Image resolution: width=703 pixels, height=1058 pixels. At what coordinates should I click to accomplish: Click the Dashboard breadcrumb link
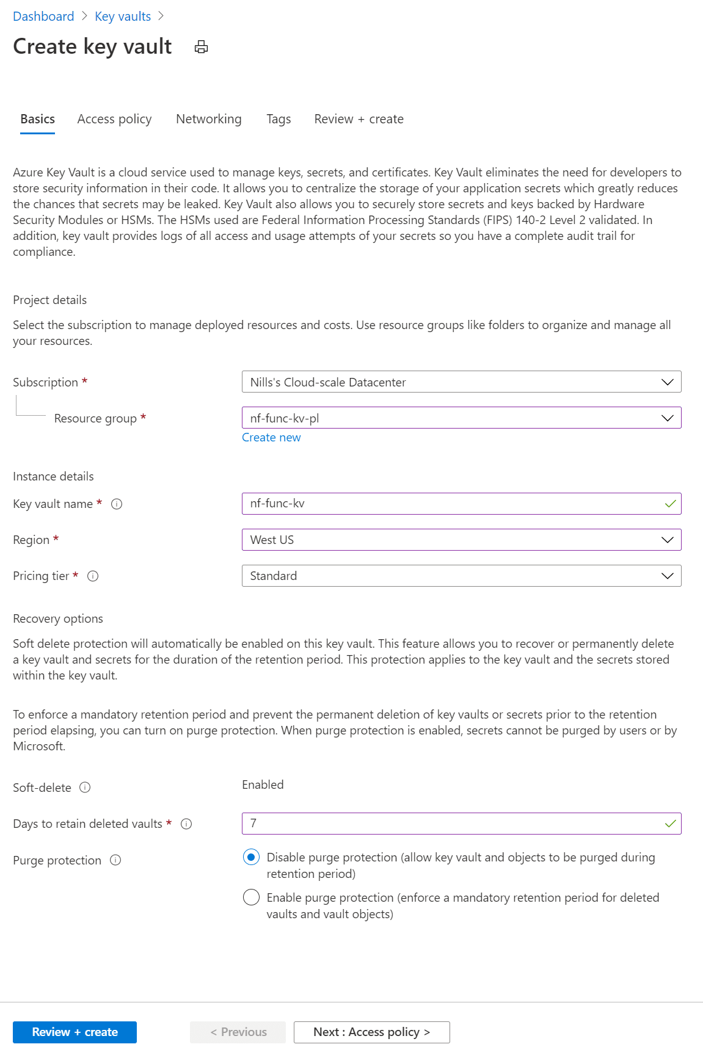coord(43,16)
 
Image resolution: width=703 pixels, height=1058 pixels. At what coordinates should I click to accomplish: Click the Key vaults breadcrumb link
coord(123,16)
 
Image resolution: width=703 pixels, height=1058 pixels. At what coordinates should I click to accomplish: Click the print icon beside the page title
coord(202,47)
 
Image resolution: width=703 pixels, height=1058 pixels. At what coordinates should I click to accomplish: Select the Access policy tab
coord(114,119)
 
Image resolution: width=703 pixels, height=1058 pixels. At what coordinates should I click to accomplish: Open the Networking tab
coord(208,119)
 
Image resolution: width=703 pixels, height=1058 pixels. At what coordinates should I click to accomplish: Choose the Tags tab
coord(279,119)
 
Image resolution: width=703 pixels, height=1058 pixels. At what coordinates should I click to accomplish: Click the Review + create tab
coord(359,119)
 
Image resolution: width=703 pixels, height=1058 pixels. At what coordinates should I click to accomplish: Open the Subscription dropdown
coord(461,382)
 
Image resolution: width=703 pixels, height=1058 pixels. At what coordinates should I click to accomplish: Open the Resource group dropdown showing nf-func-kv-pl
coord(461,418)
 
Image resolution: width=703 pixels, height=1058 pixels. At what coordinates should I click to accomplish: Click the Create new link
coord(271,438)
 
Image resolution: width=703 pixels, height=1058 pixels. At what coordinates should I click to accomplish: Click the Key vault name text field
coord(452,504)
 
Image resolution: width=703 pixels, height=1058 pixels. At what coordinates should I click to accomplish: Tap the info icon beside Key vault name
coord(117,504)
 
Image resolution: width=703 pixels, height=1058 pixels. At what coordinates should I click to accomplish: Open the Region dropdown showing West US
coord(461,540)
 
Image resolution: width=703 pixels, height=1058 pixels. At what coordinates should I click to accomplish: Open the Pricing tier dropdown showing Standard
coord(461,576)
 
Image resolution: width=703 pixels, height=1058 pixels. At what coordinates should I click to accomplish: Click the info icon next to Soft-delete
coord(86,788)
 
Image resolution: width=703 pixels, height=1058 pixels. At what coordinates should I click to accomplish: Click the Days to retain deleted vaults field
coord(452,824)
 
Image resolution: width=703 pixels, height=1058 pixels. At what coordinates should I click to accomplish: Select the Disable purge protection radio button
coord(251,857)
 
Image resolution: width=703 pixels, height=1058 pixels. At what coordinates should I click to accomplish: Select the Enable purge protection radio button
coord(251,897)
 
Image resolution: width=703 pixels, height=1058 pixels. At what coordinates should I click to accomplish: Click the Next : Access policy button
coord(371,1032)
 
